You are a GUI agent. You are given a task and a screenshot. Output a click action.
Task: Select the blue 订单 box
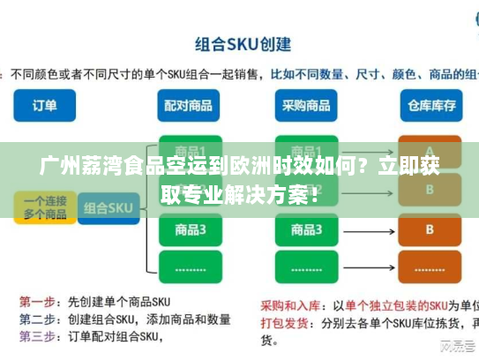[x=44, y=105]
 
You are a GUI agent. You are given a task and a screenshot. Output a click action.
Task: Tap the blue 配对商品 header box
[x=189, y=105]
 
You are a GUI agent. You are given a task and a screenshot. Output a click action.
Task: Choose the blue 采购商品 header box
[x=306, y=105]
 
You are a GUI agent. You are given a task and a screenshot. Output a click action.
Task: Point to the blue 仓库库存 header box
[x=430, y=105]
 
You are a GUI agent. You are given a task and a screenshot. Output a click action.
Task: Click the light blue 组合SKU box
[x=108, y=209]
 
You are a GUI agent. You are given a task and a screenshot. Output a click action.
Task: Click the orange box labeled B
[x=430, y=229]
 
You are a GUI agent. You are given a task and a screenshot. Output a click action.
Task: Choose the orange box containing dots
[x=430, y=266]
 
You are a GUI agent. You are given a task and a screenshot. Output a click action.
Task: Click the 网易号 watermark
[x=455, y=346]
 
